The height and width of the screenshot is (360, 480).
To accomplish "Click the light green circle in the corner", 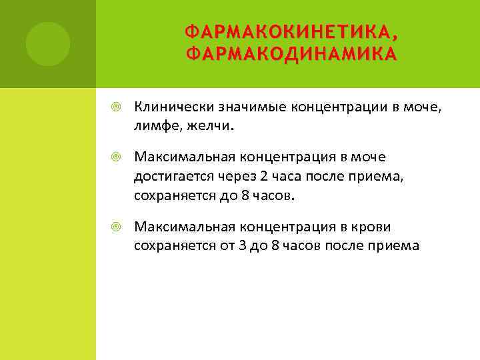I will (48, 44).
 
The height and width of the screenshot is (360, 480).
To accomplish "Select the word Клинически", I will (167, 106).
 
